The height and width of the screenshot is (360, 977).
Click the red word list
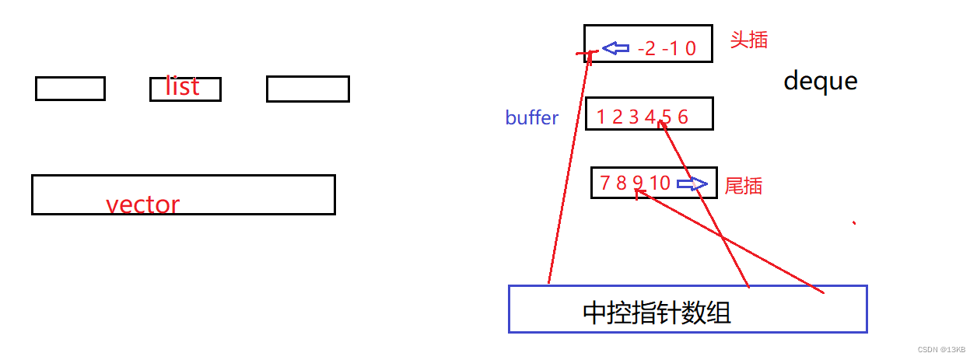pos(182,86)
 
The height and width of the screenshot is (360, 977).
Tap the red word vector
pos(142,204)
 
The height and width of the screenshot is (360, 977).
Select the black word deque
pos(820,81)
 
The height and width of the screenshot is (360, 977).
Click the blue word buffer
pos(531,118)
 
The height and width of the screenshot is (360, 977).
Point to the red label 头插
pos(748,40)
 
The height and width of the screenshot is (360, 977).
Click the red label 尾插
pos(743,186)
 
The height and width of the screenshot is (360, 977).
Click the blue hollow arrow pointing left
pos(616,49)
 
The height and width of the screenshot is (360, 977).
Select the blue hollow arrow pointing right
pos(692,184)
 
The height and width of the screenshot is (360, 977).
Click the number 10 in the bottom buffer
pos(660,183)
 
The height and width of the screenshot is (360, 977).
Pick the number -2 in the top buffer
pos(646,50)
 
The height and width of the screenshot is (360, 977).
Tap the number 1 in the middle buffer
pos(601,118)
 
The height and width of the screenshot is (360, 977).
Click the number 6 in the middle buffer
pos(682,118)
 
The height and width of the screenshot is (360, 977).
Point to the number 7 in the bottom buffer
pos(605,183)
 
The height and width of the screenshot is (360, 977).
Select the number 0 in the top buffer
pos(690,50)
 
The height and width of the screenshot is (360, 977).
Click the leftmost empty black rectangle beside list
pos(70,89)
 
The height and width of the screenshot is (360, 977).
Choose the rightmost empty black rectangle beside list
pos(307,89)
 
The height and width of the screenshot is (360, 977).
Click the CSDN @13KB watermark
pos(941,350)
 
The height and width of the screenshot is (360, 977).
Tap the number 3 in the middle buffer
pos(633,118)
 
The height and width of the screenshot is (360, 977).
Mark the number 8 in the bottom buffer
pos(621,183)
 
